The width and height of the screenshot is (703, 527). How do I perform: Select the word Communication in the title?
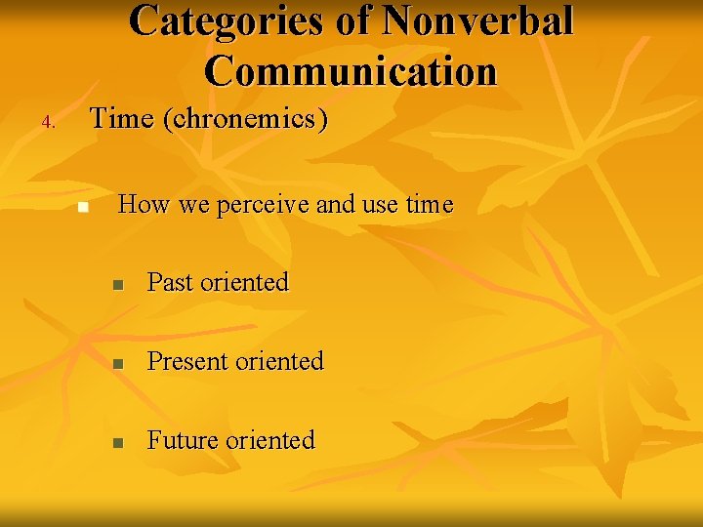click(351, 71)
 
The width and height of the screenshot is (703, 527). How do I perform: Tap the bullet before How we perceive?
click(83, 207)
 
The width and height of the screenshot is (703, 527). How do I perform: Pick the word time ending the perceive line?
click(430, 205)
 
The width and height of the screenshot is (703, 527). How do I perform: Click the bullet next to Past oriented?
click(116, 285)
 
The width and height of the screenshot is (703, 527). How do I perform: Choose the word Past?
click(170, 283)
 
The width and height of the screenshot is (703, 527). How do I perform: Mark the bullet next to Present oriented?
click(116, 363)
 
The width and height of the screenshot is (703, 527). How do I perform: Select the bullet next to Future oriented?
click(116, 442)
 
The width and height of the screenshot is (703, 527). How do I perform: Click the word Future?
click(183, 440)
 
